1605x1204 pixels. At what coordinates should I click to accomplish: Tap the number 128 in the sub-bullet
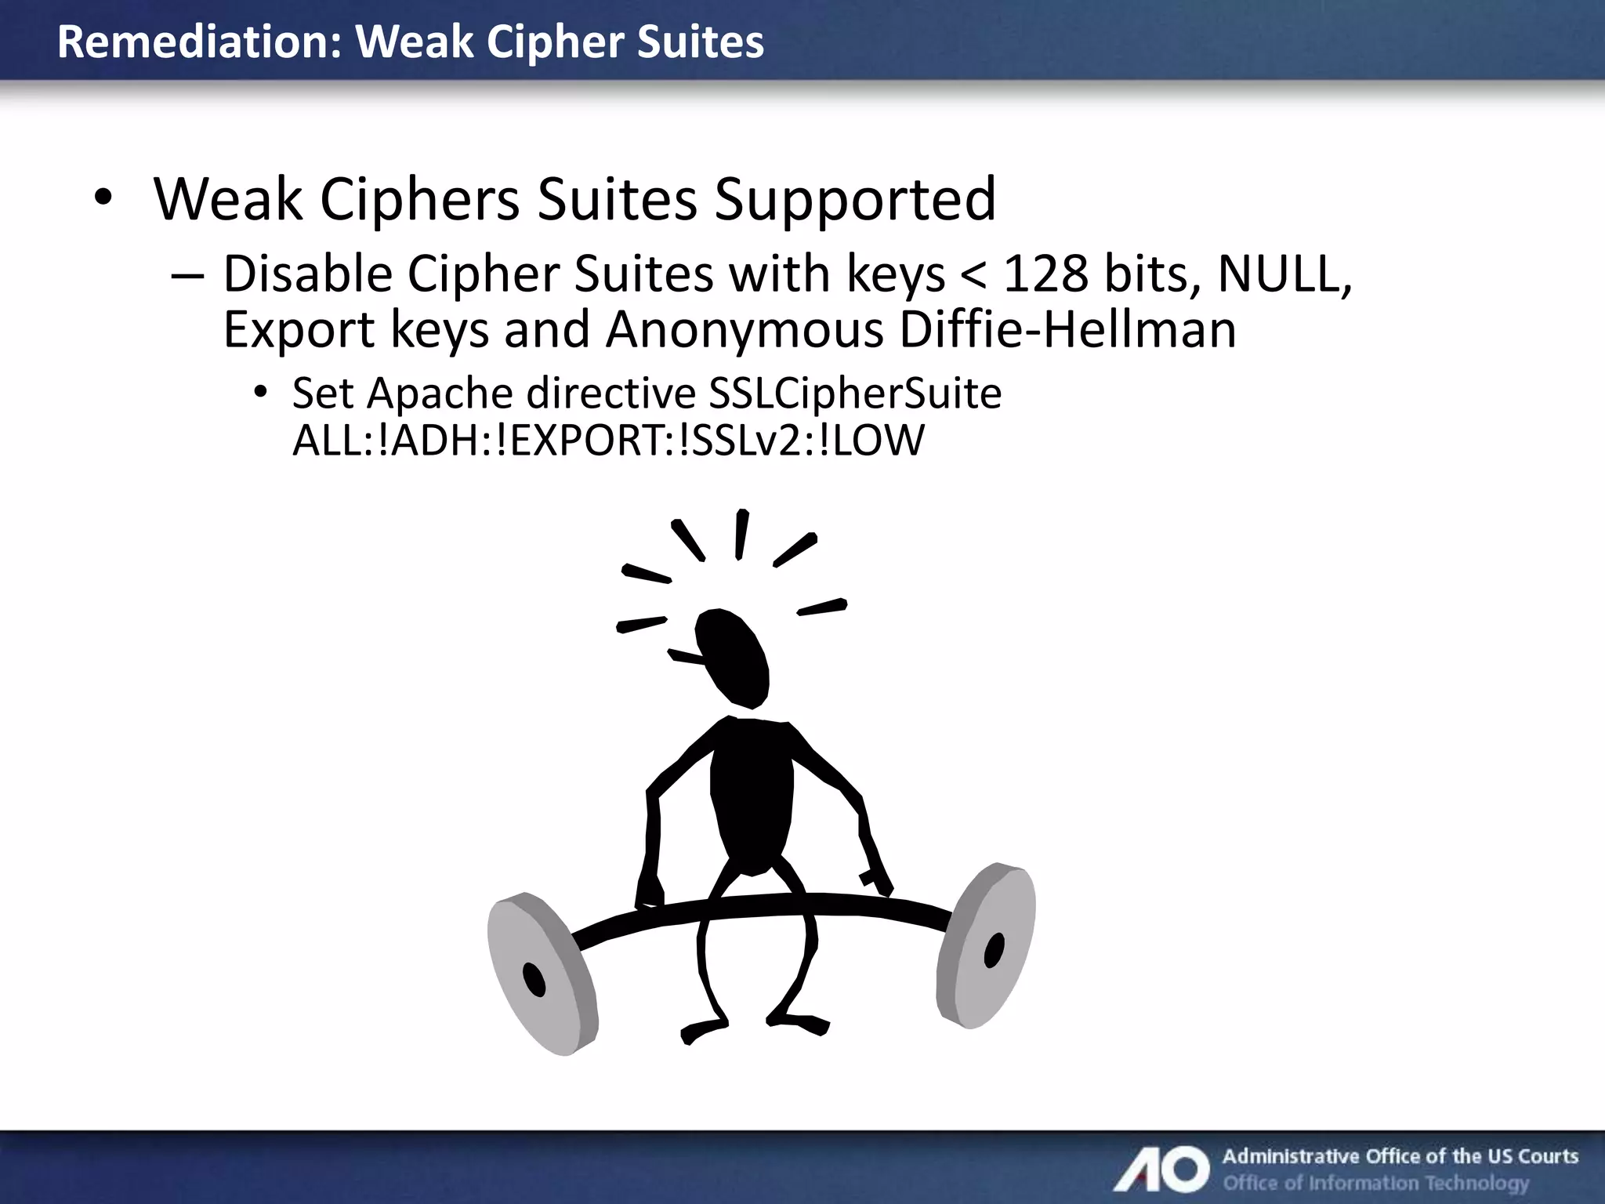click(1045, 274)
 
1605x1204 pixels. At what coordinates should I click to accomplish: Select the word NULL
click(1284, 274)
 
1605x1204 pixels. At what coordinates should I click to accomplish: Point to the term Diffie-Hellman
click(1067, 330)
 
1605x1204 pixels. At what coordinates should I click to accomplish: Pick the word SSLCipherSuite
click(854, 393)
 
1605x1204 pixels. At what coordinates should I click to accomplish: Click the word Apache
click(439, 393)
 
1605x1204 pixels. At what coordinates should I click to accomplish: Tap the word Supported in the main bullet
click(854, 199)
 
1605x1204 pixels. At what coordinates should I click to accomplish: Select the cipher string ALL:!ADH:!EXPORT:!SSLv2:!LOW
click(608, 441)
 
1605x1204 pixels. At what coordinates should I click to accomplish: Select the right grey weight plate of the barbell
click(986, 945)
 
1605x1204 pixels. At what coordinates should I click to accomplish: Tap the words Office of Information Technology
click(1376, 1183)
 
